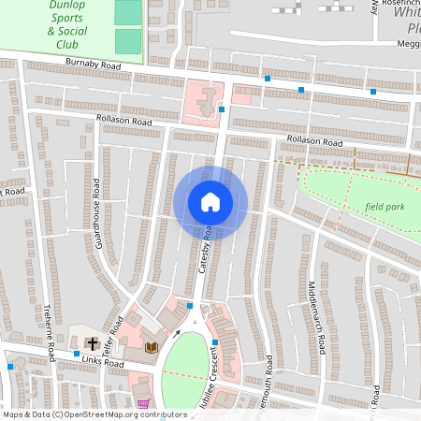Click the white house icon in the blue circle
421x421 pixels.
coord(210,202)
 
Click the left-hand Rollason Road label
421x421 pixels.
coord(123,121)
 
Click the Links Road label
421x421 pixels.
coord(102,362)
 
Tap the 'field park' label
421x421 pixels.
coord(385,205)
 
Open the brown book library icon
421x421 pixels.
coord(151,347)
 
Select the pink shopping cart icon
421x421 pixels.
coord(143,404)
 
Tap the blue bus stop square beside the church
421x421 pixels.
coord(77,355)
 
